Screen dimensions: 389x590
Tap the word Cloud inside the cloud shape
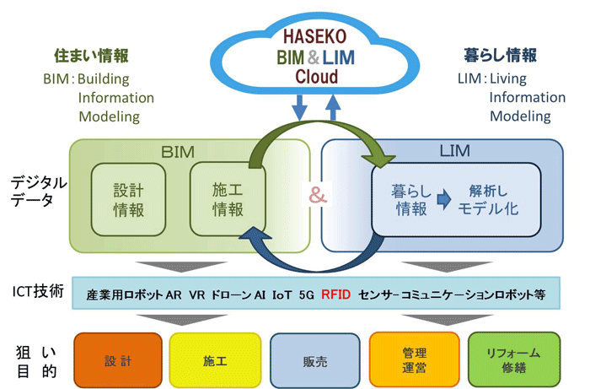point(316,78)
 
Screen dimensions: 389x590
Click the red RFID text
point(335,297)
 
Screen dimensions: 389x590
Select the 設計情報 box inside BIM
point(129,200)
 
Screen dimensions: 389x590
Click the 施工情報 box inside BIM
point(226,200)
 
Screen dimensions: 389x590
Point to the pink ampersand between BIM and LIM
point(317,196)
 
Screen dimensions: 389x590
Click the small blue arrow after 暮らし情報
point(443,201)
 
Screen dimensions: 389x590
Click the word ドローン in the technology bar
point(230,297)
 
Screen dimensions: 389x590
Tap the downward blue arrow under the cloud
point(298,108)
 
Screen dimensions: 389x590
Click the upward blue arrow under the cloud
point(333,108)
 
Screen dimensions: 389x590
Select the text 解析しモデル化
point(487,200)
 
